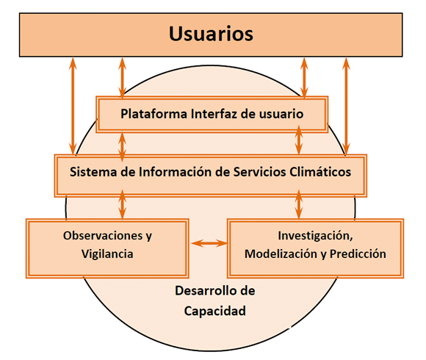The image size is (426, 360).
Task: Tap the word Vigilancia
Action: (107, 254)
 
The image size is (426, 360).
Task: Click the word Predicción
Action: (357, 254)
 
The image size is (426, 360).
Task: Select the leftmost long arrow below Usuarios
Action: (73, 107)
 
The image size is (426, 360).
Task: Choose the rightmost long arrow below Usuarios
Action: (346, 107)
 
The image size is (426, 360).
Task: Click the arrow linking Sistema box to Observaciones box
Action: (122, 202)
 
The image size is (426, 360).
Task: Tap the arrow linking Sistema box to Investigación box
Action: (300, 202)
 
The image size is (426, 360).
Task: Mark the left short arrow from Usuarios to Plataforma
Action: (122, 77)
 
